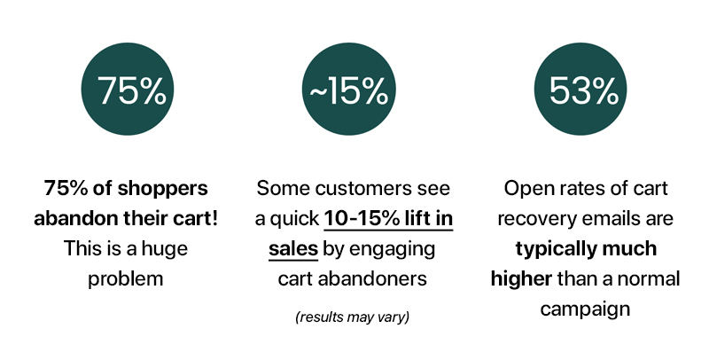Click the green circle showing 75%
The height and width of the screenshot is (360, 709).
tap(128, 89)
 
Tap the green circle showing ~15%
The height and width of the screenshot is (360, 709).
tap(348, 89)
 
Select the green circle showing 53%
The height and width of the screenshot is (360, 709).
tap(580, 89)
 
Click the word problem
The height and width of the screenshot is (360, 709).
tap(125, 279)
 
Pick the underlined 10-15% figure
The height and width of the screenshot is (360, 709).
tap(362, 219)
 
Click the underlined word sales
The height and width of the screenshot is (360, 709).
tap(293, 249)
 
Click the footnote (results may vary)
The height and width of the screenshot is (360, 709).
tap(352, 317)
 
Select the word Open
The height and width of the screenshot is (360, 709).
tap(526, 189)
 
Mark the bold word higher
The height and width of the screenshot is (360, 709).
tap(521, 279)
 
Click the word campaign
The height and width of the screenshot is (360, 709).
tap(585, 309)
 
